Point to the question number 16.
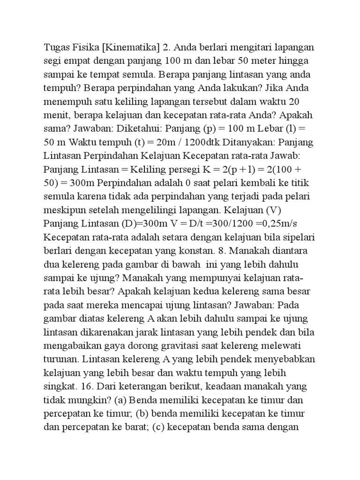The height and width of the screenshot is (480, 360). coord(85,386)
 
